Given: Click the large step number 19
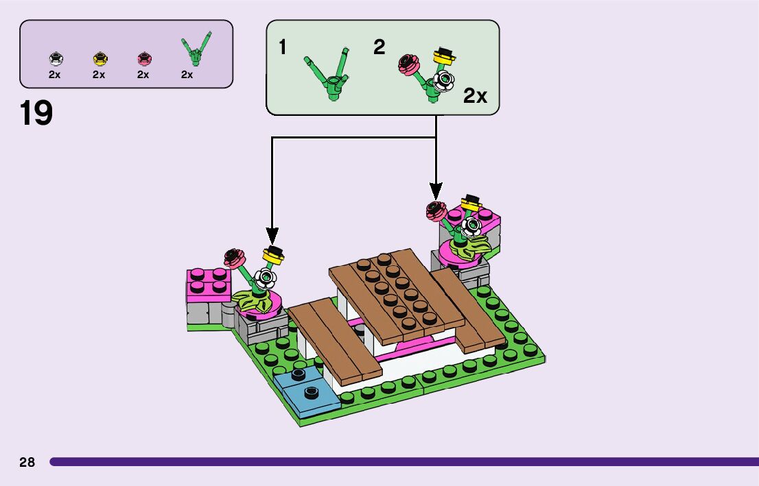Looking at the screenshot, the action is [36, 113].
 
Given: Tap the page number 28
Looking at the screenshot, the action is [27, 462].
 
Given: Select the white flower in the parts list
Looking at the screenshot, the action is [55, 59].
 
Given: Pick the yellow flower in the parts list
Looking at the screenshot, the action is [99, 59].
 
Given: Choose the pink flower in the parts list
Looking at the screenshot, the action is [143, 59].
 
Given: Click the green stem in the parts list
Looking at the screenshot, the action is [196, 49].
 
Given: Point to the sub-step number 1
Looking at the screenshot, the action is [283, 48].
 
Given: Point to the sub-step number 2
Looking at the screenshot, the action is [379, 47].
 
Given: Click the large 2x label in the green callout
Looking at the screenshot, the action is [475, 96].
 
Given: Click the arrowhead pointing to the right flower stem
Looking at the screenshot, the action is [436, 191].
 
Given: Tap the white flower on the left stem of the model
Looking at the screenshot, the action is [264, 278].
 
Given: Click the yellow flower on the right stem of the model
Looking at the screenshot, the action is [470, 202].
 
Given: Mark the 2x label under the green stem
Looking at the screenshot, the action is [187, 75].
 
